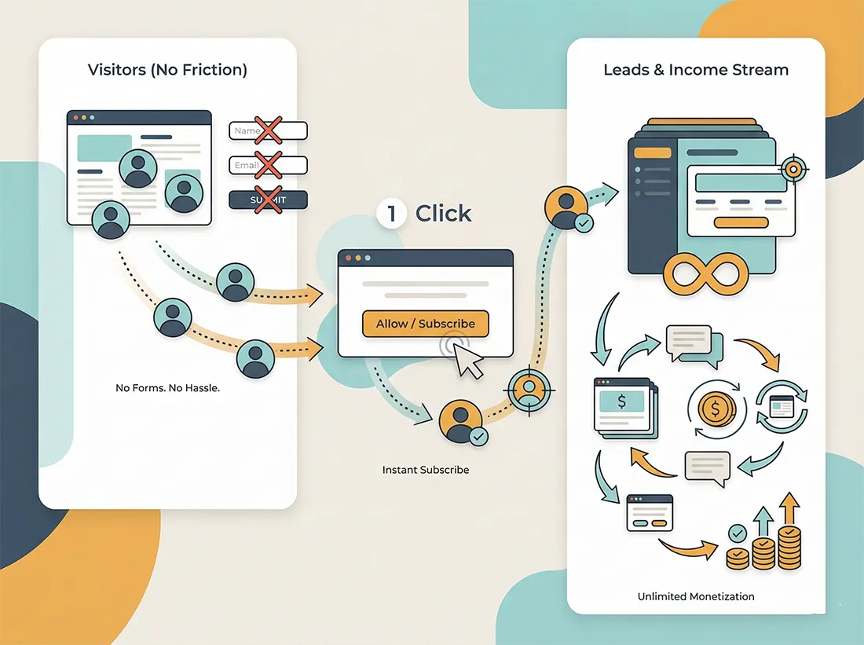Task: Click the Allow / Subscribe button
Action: (426, 324)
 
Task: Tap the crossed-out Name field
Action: (268, 130)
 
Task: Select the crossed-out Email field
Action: (268, 165)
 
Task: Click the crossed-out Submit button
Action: (268, 200)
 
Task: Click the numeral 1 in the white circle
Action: (392, 214)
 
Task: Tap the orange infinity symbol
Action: (705, 274)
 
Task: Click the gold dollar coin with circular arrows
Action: (716, 409)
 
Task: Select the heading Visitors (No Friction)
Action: (167, 69)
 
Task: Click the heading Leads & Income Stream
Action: (696, 69)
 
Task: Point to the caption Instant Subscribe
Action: (426, 470)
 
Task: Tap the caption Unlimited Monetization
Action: (696, 596)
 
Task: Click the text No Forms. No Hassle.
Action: (167, 388)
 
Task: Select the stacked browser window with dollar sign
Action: (625, 408)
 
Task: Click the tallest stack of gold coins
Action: (789, 548)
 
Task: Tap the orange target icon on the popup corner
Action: (793, 169)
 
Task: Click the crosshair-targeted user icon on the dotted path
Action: (529, 390)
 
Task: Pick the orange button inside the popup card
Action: (741, 222)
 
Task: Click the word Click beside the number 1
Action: (443, 214)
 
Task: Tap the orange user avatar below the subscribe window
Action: (461, 421)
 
